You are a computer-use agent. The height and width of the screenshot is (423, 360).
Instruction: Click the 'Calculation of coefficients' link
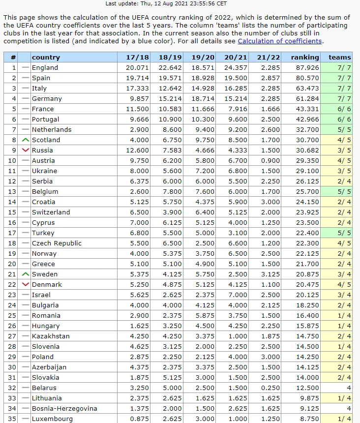point(279,41)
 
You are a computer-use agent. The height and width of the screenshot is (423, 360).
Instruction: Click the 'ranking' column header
point(305,58)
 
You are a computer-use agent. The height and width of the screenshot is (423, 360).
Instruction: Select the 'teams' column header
point(340,58)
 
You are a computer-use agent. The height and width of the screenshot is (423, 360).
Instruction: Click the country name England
point(45,68)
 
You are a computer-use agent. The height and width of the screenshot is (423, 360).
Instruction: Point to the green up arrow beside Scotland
point(26,140)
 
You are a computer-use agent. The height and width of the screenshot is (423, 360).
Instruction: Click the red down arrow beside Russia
point(26,151)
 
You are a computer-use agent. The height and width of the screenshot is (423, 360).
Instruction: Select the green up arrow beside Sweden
point(26,274)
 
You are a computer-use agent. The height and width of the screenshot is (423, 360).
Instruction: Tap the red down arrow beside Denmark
point(26,285)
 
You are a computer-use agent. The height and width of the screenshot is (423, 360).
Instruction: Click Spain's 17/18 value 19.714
point(137,78)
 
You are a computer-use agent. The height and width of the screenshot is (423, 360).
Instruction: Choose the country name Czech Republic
point(57,243)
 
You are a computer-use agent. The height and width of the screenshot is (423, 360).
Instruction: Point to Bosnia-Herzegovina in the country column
point(64,409)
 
